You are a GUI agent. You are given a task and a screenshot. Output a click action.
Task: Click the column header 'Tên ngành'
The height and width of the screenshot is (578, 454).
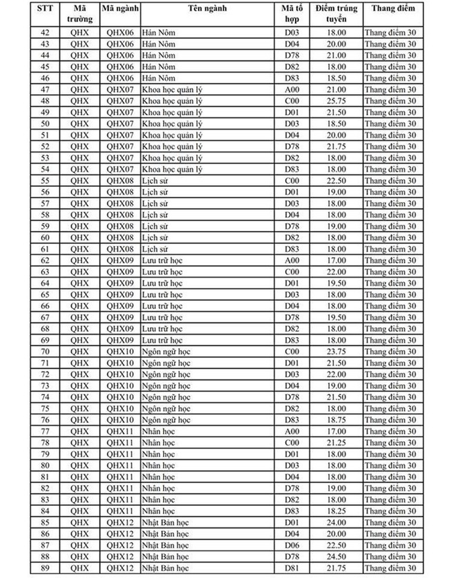208,9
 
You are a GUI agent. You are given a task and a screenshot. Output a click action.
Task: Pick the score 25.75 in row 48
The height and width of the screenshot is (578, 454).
336,101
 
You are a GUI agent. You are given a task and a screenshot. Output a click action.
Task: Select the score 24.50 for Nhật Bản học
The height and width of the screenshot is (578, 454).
336,556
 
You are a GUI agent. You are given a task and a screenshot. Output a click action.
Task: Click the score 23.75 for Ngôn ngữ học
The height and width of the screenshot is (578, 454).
336,352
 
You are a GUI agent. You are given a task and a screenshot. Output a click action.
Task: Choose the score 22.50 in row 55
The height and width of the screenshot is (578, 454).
336,180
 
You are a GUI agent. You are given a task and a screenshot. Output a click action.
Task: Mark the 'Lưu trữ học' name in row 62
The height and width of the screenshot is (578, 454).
162,260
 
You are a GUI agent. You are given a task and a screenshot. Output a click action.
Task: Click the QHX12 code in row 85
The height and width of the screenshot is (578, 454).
120,523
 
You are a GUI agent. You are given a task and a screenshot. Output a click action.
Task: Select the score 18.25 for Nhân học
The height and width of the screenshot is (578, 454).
336,511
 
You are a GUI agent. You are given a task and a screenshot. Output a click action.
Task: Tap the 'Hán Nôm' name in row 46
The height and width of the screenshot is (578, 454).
158,78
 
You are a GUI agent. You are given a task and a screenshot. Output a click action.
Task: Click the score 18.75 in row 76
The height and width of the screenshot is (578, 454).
336,420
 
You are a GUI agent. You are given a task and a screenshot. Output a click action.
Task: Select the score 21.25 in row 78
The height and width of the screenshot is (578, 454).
336,442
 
